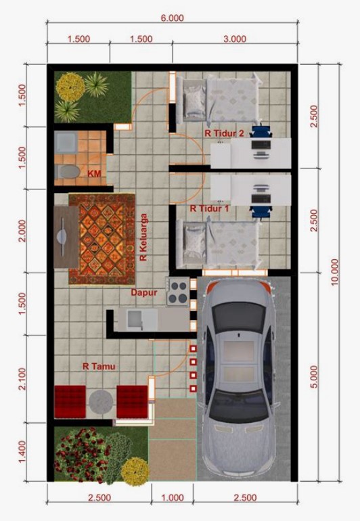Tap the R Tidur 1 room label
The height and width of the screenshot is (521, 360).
(209, 208)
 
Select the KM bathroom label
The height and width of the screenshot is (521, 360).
(95, 174)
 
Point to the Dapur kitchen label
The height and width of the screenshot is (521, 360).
(144, 293)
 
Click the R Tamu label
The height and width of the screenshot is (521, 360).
(99, 366)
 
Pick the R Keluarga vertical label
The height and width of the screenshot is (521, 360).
(143, 237)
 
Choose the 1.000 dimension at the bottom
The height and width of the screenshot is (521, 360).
(173, 498)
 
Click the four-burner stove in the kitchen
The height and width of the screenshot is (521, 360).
(177, 291)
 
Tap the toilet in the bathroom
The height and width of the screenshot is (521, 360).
(66, 171)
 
